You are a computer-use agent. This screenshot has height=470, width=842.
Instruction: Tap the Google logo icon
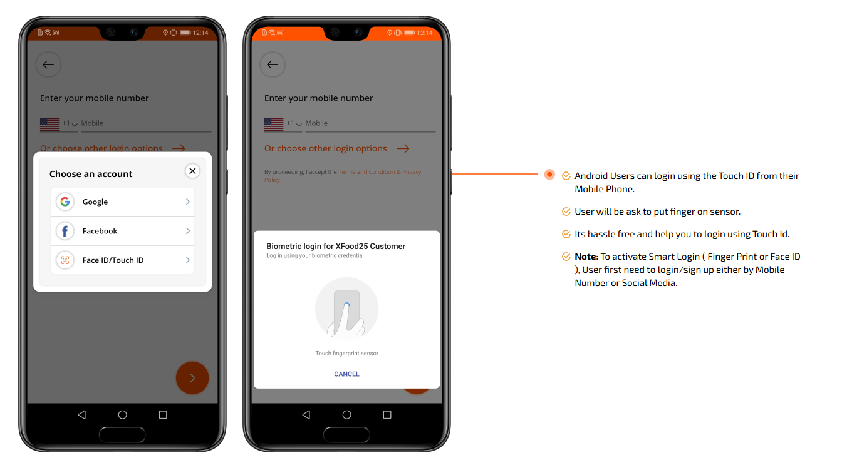(65, 202)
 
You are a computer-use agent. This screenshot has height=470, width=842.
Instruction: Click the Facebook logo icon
(65, 231)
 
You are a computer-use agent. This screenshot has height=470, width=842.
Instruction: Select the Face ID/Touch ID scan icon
(65, 260)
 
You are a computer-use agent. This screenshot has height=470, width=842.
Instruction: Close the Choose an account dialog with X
(192, 171)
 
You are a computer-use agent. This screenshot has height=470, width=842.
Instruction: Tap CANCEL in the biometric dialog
(346, 374)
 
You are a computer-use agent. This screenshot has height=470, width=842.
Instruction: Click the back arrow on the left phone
(48, 64)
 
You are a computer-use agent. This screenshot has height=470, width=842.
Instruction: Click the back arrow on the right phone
(273, 64)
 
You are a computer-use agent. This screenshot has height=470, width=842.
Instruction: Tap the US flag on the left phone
(49, 125)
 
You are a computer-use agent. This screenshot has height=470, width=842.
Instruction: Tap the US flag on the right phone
(274, 125)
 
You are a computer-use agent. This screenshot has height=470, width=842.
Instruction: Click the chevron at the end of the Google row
(187, 202)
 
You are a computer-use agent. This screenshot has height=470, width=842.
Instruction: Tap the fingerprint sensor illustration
(346, 309)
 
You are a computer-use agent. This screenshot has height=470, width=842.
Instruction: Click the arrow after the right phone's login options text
(403, 149)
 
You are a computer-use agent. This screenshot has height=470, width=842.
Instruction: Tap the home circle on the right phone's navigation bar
(346, 415)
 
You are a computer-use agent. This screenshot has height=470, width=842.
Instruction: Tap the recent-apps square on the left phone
(163, 415)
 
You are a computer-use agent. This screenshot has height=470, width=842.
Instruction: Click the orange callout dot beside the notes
(549, 175)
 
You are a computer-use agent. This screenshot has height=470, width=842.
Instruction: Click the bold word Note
(586, 257)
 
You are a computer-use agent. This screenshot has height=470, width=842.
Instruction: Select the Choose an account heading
(91, 174)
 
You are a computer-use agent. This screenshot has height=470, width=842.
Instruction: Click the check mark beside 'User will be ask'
(566, 212)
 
